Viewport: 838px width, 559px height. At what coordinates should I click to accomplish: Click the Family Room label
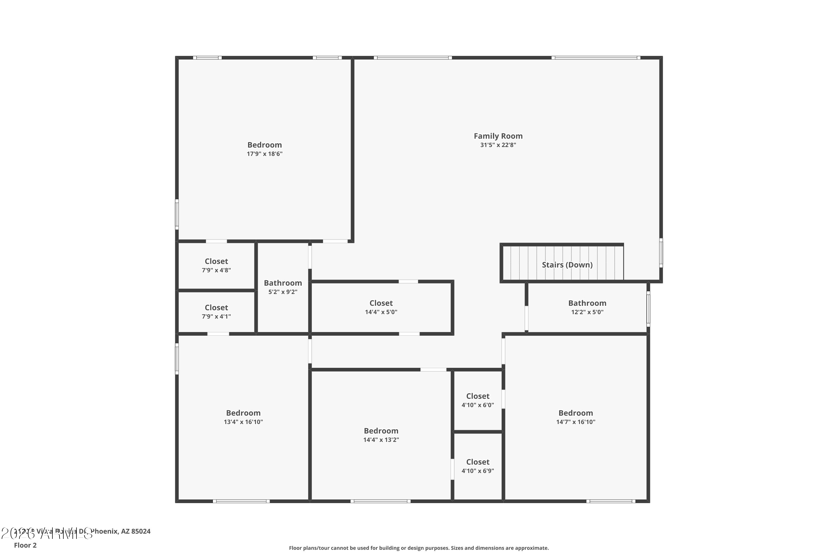pos(498,136)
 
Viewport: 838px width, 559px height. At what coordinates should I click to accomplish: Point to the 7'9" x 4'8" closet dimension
pos(216,270)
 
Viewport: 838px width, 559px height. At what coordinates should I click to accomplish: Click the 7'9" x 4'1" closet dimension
pos(216,316)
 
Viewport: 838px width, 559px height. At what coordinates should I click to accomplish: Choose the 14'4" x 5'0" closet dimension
pos(381,312)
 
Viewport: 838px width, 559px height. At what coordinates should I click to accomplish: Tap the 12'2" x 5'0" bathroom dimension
pos(587,312)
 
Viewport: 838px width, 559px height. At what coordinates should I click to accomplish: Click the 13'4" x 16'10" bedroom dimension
pos(243,422)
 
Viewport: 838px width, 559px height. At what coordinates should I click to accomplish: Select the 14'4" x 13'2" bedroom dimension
pos(381,440)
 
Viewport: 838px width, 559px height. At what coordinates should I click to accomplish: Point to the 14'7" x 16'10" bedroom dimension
pos(575,422)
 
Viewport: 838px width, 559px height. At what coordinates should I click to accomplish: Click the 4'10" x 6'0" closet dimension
pos(477,405)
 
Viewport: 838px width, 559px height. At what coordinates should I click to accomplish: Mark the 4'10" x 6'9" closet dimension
pos(477,471)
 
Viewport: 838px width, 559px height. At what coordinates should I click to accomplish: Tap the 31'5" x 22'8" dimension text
pos(498,145)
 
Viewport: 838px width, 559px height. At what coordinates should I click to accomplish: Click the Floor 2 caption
pos(25,545)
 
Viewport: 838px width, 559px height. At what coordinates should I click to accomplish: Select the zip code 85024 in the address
pos(141,531)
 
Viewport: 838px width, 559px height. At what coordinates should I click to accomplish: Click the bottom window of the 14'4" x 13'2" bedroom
pos(380,501)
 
